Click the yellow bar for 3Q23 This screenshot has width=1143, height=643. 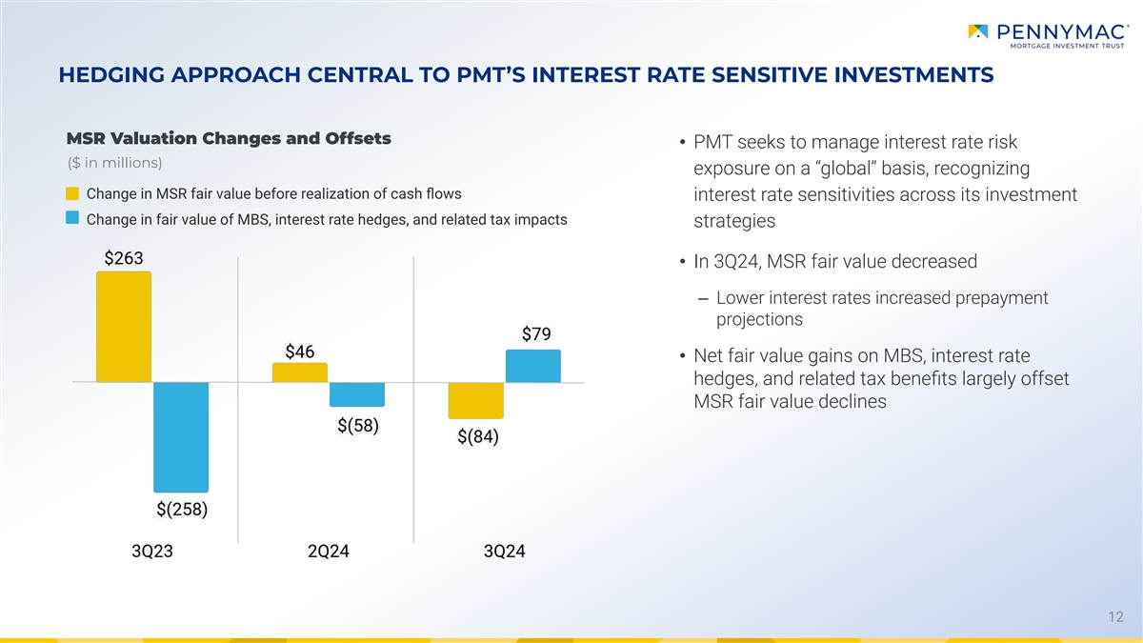click(124, 327)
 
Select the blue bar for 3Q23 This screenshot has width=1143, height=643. click(181, 437)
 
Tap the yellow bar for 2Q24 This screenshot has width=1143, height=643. click(299, 372)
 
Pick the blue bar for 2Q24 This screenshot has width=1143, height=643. click(357, 394)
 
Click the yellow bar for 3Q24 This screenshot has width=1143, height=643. click(475, 400)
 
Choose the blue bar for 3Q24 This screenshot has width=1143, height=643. click(532, 366)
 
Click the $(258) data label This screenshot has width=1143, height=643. click(182, 509)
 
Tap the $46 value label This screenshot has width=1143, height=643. click(299, 351)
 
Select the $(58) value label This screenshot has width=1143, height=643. click(358, 425)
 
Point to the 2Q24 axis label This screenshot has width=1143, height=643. click(329, 553)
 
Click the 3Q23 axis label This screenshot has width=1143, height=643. click(152, 553)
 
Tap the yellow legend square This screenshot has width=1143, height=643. click(72, 194)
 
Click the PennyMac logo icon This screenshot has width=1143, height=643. click(978, 33)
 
